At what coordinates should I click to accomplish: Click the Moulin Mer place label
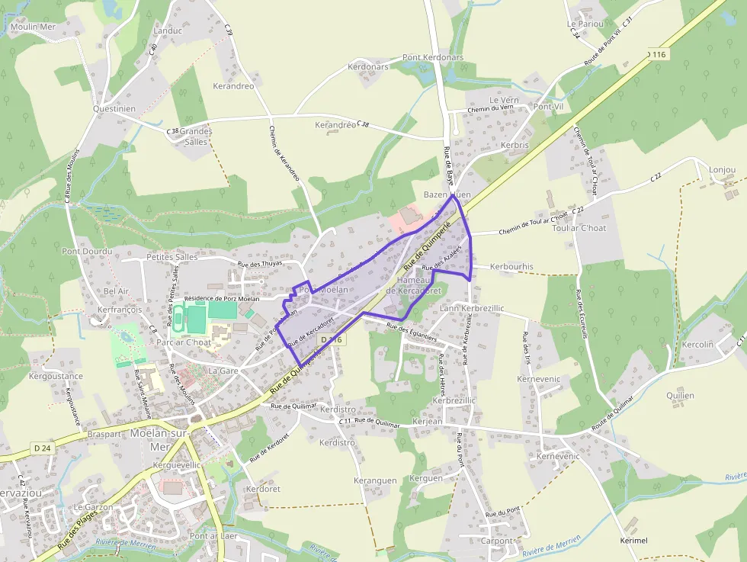pyautogui.click(x=34, y=27)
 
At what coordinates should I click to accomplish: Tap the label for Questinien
pyautogui.click(x=114, y=108)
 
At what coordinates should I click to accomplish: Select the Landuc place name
pyautogui.click(x=168, y=31)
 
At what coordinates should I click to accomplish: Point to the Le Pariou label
pyautogui.click(x=585, y=24)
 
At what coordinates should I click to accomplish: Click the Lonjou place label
pyautogui.click(x=723, y=169)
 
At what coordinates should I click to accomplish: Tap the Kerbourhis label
pyautogui.click(x=512, y=266)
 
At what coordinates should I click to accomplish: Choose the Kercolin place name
pyautogui.click(x=698, y=344)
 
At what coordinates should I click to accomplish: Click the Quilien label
pyautogui.click(x=681, y=395)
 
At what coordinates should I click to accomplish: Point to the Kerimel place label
pyautogui.click(x=634, y=540)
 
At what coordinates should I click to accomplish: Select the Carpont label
pyautogui.click(x=497, y=541)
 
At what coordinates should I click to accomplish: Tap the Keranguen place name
pyautogui.click(x=376, y=480)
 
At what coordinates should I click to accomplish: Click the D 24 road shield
pyautogui.click(x=42, y=448)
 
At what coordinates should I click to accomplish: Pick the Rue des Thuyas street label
pyautogui.click(x=260, y=264)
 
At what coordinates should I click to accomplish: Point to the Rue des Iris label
pyautogui.click(x=525, y=347)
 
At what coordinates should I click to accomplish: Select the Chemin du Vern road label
pyautogui.click(x=490, y=109)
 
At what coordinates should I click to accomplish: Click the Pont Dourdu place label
pyautogui.click(x=87, y=251)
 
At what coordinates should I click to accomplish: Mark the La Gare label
pyautogui.click(x=224, y=371)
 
